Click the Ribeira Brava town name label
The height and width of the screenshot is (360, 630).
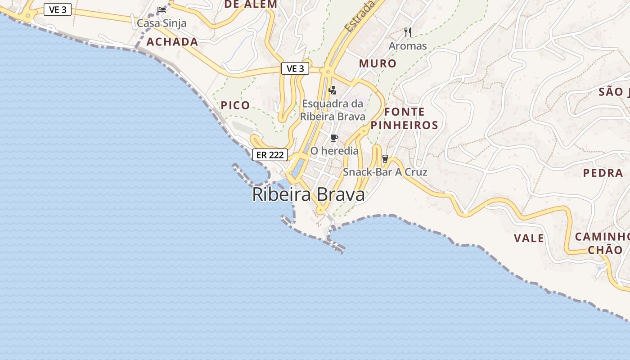[308, 195]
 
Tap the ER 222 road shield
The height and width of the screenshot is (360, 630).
[270, 155]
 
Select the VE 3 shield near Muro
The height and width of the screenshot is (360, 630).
[295, 68]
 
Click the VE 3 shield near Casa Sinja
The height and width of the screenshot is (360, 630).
[58, 9]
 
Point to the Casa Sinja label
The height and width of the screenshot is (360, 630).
[162, 23]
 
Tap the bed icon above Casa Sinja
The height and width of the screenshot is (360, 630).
[162, 9]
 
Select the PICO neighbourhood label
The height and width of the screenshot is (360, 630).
[235, 105]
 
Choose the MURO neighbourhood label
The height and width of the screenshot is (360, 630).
[378, 63]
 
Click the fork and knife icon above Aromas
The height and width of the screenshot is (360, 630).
[408, 32]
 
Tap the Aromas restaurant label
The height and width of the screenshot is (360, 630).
[408, 46]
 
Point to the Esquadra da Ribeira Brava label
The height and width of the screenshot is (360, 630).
[333, 110]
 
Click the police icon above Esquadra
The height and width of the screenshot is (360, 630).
[333, 90]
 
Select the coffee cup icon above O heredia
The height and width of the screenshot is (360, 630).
[334, 138]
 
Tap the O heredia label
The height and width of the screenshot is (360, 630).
[334, 151]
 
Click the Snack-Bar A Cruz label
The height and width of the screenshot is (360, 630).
[385, 172]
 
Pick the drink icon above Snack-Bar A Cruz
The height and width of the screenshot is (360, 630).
[385, 158]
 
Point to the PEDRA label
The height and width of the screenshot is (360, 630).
[603, 173]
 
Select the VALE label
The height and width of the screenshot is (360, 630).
[529, 238]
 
